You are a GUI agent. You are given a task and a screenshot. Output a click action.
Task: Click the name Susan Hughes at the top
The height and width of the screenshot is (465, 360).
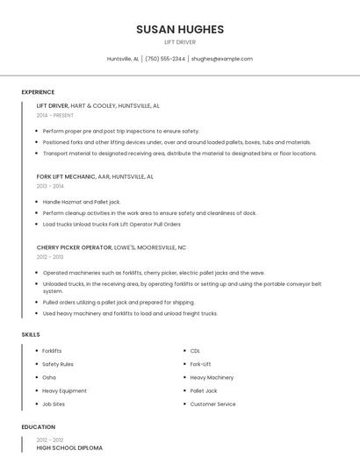coord(180,29)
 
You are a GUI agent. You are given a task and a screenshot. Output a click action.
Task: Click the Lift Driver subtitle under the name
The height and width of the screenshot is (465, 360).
coord(180,42)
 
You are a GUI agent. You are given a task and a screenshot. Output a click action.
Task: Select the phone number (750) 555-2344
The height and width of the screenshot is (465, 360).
coord(165,59)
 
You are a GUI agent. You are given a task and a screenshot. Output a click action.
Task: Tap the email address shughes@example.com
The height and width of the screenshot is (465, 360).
coord(221,59)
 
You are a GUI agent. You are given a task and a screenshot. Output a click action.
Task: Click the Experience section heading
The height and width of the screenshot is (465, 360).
coord(38,92)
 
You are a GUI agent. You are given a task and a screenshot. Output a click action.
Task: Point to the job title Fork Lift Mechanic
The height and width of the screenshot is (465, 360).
coord(66,176)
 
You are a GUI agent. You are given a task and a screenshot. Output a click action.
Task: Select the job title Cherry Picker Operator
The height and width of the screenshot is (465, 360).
coord(74,247)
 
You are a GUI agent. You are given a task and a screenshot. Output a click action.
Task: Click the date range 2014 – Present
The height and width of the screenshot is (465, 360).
coord(55,115)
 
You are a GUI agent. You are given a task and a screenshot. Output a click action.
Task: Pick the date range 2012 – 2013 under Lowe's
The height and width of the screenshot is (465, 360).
coord(50,257)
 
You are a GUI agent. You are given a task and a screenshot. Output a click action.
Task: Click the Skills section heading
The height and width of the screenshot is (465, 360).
coord(31,334)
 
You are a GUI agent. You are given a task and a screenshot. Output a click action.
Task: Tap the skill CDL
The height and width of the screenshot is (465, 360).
coord(195,351)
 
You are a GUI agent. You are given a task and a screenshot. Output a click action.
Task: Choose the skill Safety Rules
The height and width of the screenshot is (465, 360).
coord(58,364)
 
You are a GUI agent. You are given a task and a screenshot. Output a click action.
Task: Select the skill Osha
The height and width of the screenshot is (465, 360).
coord(49,377)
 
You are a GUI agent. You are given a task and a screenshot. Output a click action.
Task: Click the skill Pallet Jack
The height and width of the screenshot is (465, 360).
coord(204,390)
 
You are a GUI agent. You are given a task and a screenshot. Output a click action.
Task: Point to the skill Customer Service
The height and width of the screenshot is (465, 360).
coord(212,404)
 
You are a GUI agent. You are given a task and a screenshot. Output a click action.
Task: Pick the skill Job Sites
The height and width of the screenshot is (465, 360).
coord(54,404)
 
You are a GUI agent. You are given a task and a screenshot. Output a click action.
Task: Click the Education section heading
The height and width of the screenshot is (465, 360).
coord(38,427)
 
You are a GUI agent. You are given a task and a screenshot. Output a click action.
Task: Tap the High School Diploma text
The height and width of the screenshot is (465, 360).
coord(69,447)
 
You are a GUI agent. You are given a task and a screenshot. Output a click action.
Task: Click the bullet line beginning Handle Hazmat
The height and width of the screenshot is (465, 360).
coord(82,202)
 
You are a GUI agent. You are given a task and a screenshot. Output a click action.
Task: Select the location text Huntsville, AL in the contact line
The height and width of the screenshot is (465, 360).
coord(123,59)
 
